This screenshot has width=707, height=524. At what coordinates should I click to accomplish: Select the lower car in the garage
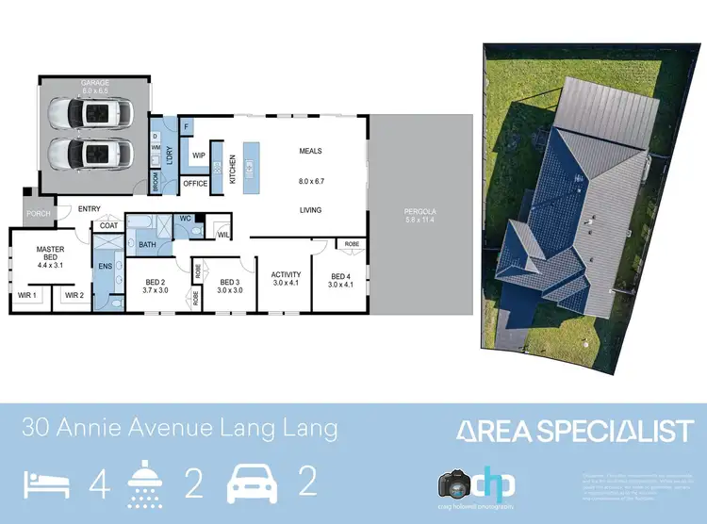(x=96, y=153)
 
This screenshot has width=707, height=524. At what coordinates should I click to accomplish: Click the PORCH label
(x=39, y=214)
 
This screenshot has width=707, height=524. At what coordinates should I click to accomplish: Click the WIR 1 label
(x=27, y=295)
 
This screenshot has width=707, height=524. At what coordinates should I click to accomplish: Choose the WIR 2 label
(x=74, y=295)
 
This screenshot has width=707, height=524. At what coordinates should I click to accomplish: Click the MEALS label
(x=311, y=151)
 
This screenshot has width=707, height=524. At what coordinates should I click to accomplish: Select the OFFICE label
(x=195, y=183)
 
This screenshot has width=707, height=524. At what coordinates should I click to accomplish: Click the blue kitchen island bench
(x=250, y=168)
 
